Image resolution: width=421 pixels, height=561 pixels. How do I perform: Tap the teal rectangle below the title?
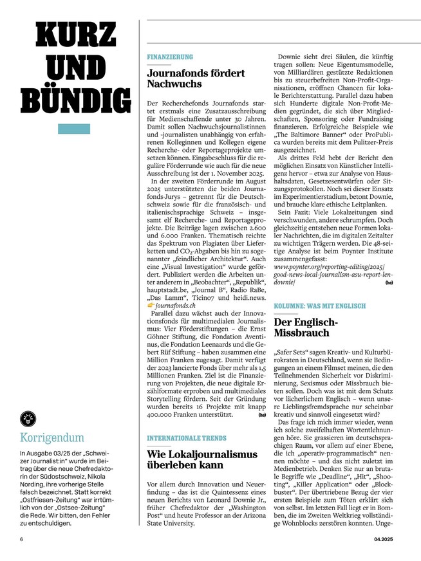pyautogui.click(x=74, y=129)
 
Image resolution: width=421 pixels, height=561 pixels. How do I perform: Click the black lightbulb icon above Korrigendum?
pyautogui.click(x=28, y=418)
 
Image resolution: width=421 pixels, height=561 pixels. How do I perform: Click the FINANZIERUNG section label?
pyautogui.click(x=169, y=57)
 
